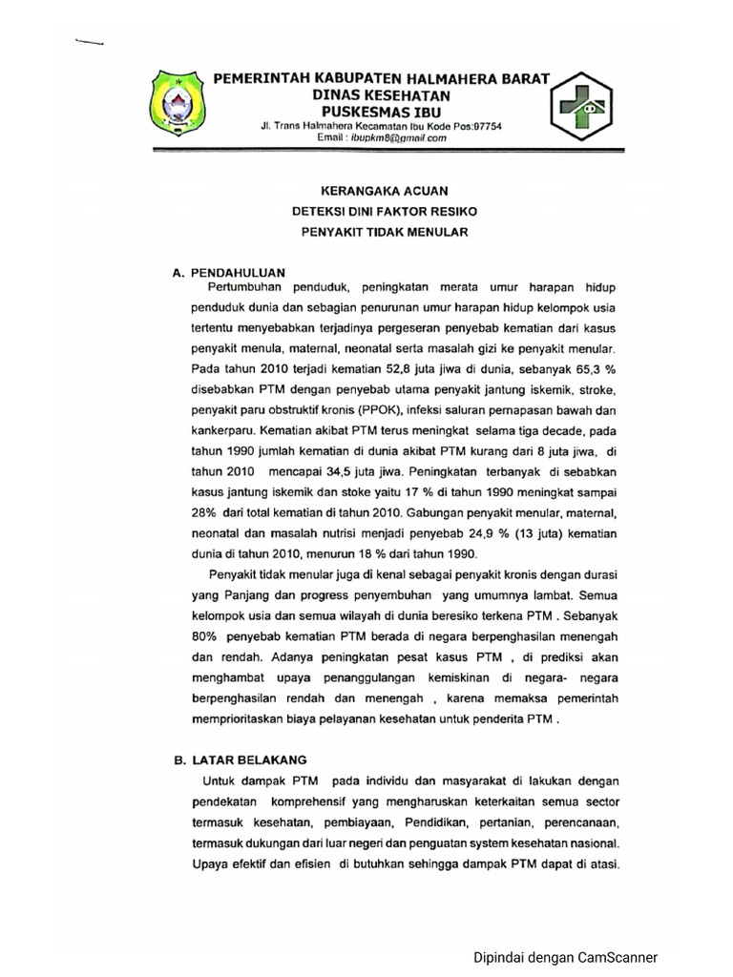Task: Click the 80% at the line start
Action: pyautogui.click(x=207, y=634)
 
